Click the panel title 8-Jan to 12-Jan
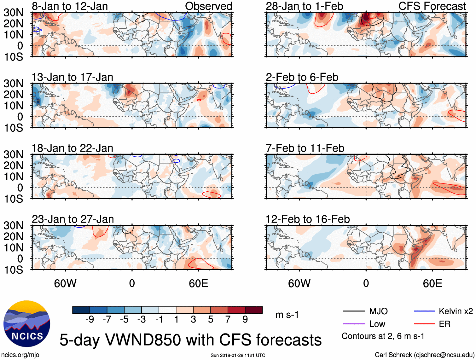pos(70,6)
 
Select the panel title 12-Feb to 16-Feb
pos(308,219)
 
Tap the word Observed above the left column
pos(208,6)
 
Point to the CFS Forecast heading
pos(432,6)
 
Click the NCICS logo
pos(27,324)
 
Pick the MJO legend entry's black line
pos(354,311)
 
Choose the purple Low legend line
pos(354,324)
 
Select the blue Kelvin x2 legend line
pos(424,311)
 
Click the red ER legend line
pos(424,324)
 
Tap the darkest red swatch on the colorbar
pos(254,310)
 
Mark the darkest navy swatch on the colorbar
pos(81,310)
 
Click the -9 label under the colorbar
pos(90,320)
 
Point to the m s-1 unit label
pos(287,315)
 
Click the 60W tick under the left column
pos(65,283)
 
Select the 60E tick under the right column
pos(432,283)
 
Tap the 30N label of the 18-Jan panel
pos(13,154)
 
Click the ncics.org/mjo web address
pos(20,355)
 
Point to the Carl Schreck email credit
pos(424,355)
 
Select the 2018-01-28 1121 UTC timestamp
pos(238,355)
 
